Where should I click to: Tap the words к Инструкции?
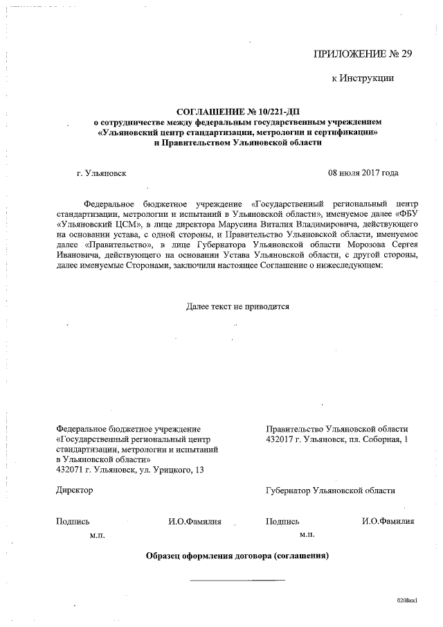363,78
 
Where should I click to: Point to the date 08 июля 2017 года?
363,173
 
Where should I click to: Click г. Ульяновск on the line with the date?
102,173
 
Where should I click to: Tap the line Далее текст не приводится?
237,306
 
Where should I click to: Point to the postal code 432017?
280,439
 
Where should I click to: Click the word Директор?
74,490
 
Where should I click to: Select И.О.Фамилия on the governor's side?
388,522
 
